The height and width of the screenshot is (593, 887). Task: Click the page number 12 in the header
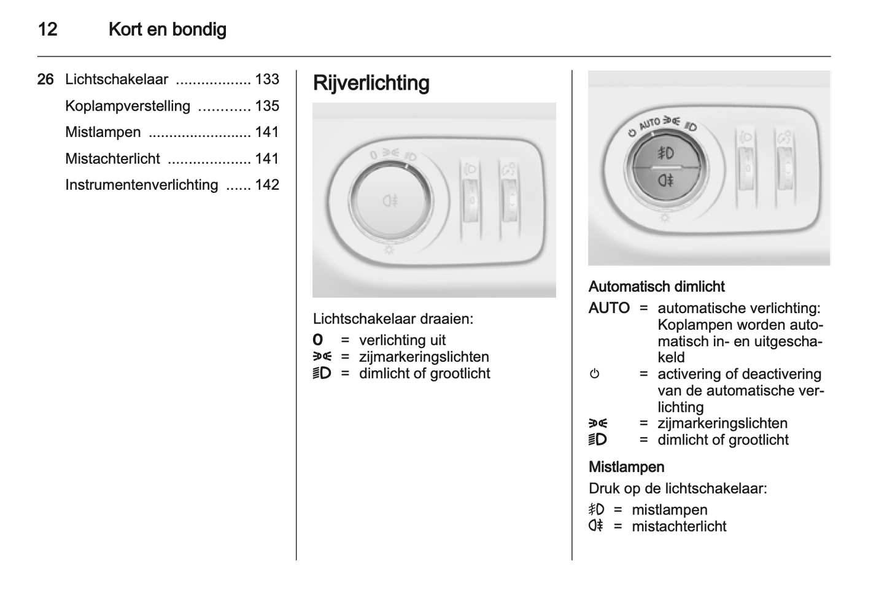(47, 29)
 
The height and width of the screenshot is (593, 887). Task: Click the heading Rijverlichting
(371, 83)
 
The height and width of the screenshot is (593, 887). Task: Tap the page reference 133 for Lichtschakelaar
(267, 79)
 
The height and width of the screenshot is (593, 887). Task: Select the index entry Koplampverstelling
(128, 106)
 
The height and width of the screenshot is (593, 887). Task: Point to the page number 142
(267, 185)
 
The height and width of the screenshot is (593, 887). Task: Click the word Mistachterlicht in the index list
(112, 158)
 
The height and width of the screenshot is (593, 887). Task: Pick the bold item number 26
(45, 79)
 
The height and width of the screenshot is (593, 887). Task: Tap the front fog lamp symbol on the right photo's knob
(665, 153)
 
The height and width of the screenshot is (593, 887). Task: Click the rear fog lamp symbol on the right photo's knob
(665, 180)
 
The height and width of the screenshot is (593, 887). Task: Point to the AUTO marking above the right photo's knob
(649, 123)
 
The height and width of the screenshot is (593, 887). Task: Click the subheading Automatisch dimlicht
(656, 287)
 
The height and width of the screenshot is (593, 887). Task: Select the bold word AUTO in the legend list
(609, 308)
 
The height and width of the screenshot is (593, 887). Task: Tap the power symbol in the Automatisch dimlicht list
(594, 374)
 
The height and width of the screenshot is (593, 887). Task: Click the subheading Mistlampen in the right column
(626, 467)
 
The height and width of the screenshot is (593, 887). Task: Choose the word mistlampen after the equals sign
(669, 510)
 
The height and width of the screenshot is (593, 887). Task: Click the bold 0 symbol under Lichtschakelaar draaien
(317, 340)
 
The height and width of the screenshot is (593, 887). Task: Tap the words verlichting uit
(402, 340)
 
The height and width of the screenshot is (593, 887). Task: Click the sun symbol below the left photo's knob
(389, 250)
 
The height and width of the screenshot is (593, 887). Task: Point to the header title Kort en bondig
(167, 29)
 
